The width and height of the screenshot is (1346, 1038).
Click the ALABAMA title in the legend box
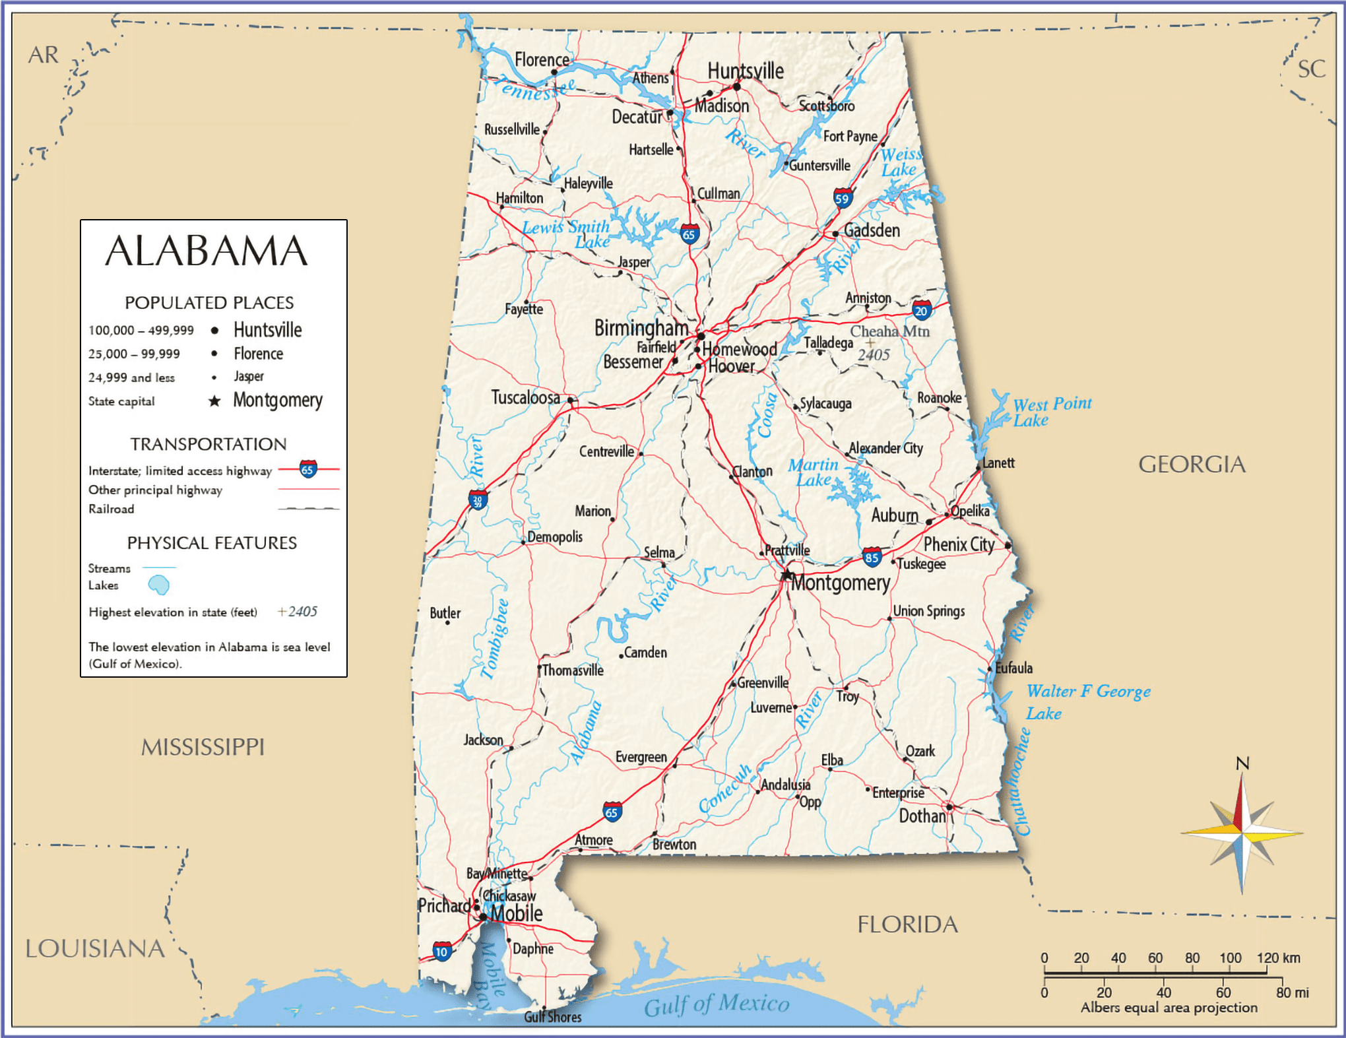(x=207, y=251)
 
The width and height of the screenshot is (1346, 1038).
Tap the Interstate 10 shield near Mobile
(x=442, y=951)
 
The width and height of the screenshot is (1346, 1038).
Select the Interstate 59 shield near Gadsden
(x=843, y=198)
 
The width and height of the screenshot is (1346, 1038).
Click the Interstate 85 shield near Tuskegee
(x=872, y=557)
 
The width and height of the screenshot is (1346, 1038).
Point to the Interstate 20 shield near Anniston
(x=921, y=310)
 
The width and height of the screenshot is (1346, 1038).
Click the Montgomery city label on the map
(x=840, y=583)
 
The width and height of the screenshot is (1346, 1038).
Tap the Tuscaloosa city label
(x=525, y=397)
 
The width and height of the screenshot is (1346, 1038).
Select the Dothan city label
(x=922, y=816)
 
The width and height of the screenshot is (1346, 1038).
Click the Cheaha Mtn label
(x=889, y=331)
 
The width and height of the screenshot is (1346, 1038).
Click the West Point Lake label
(x=1052, y=412)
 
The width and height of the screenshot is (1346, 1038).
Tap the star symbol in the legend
(x=214, y=401)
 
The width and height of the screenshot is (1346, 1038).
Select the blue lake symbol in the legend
(x=158, y=585)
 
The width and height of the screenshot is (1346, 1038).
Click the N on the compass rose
(x=1242, y=763)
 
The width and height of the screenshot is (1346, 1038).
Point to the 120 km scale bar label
(x=1278, y=957)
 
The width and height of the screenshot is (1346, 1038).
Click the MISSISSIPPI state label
(x=203, y=747)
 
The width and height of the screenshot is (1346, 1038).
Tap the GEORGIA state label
(x=1192, y=465)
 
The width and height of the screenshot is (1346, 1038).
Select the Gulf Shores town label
(x=553, y=1017)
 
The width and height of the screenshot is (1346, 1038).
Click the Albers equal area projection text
(x=1169, y=1008)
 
